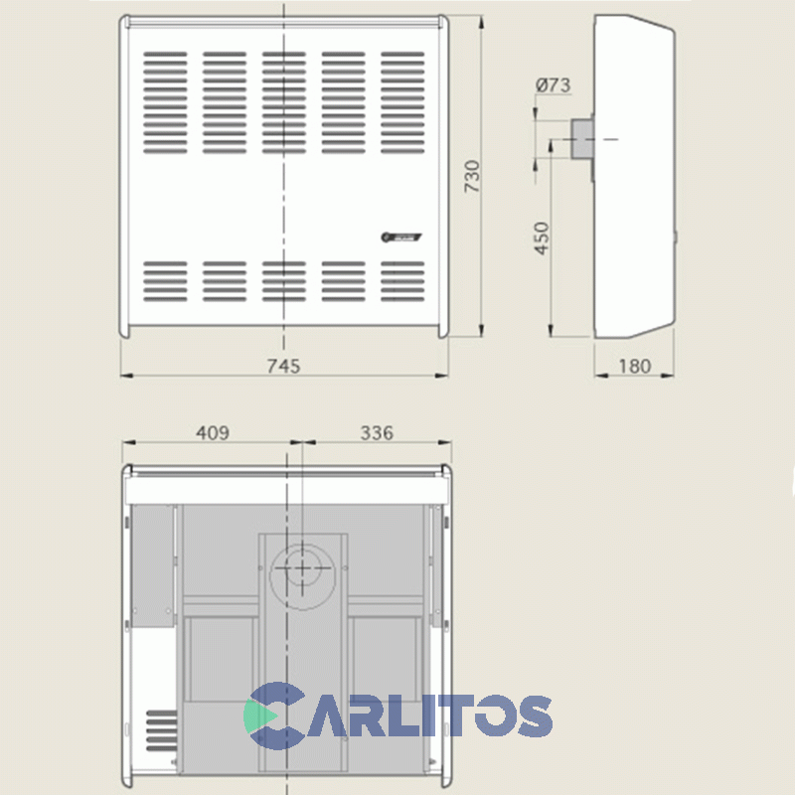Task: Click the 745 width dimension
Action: coord(283,366)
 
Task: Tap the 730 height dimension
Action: coord(472,176)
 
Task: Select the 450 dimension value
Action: coord(542,238)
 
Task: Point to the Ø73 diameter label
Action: coord(553,85)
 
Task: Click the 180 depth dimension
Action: coord(633,366)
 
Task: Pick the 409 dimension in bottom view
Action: coord(213,432)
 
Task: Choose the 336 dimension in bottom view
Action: coord(377,432)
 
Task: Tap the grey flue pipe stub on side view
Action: coord(582,139)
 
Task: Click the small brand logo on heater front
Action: coord(401,237)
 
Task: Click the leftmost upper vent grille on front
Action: coord(164,102)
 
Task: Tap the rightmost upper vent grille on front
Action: coord(402,102)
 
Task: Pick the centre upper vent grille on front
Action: coord(284,102)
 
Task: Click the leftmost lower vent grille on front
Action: coord(164,281)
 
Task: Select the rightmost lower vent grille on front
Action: coord(402,281)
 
